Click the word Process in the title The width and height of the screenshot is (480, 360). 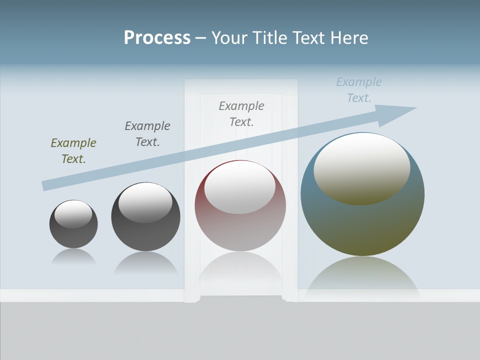pyautogui.click(x=157, y=38)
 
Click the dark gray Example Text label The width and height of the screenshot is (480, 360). pyautogui.click(x=147, y=134)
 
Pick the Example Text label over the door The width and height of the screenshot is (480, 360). pyautogui.click(x=241, y=114)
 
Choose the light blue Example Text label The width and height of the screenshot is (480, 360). pyautogui.click(x=359, y=90)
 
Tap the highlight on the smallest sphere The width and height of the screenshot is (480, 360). pyautogui.click(x=73, y=214)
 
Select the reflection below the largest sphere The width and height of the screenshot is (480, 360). pyautogui.click(x=362, y=277)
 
